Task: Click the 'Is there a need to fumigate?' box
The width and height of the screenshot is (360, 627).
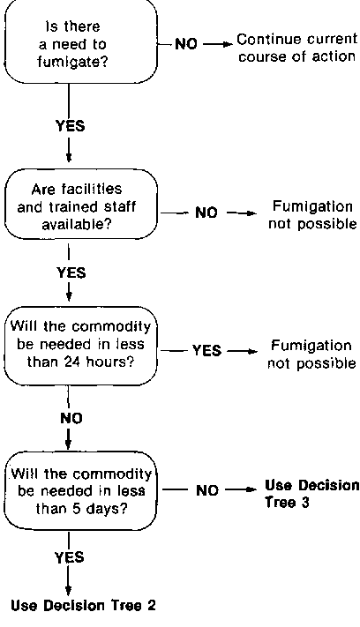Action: (80, 42)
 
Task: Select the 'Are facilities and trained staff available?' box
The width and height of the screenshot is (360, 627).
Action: (81, 205)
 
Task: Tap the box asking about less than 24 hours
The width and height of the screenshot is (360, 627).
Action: (80, 346)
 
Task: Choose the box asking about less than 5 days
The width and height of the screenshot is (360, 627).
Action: (80, 490)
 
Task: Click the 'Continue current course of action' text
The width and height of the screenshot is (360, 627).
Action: (296, 48)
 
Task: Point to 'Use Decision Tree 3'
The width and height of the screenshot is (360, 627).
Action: (312, 493)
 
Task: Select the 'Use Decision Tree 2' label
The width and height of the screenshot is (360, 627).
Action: (83, 606)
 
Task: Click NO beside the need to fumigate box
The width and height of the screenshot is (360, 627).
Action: (186, 44)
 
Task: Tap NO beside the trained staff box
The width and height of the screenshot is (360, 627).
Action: (206, 213)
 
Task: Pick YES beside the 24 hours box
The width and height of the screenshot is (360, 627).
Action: (206, 350)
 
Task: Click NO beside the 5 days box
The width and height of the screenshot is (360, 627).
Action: (207, 490)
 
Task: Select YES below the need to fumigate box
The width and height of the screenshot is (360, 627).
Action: (71, 126)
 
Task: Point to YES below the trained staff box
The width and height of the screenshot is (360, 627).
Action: (71, 272)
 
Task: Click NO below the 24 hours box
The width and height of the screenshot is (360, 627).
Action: (71, 418)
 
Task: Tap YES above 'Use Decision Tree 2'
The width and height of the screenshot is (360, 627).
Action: (70, 557)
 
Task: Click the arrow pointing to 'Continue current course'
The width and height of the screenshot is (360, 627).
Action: (218, 44)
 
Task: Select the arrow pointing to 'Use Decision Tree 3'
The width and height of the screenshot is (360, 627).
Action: (240, 489)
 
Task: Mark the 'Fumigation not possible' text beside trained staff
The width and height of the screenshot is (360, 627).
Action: (312, 214)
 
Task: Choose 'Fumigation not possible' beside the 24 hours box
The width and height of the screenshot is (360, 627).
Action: (311, 355)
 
